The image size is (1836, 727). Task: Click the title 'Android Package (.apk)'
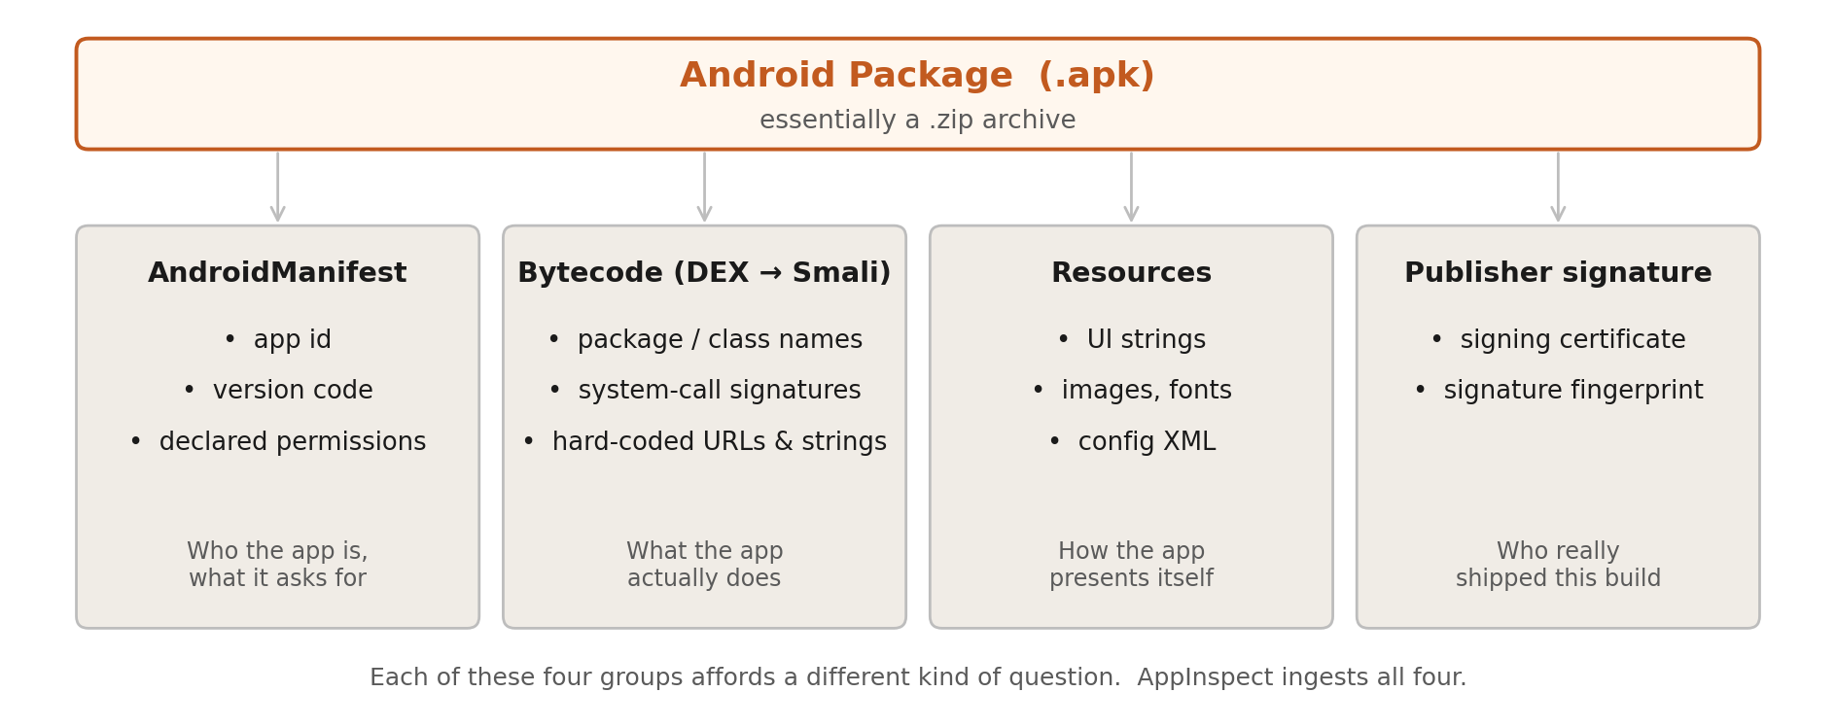917,76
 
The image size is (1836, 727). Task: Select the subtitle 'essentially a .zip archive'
917,121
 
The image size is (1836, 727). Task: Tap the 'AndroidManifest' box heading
277,273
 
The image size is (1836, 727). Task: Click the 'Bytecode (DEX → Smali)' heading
704,273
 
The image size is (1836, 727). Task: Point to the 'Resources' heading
1131,273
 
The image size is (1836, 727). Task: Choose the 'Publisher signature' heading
1558,273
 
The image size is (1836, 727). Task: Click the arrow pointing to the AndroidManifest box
277,187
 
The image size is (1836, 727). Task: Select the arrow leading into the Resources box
1131,187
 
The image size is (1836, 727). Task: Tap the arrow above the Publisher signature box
1558,187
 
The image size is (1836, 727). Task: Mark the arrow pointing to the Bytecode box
704,187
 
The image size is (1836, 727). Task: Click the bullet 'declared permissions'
291,442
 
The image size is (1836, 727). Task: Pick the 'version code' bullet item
292,391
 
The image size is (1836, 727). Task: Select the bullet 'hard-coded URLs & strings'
719,442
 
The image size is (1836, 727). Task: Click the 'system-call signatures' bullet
719,391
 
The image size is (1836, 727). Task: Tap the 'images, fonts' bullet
1146,391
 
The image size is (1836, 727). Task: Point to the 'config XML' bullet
1146,442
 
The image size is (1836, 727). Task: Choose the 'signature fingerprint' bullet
1572,391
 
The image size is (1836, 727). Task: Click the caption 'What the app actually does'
704,565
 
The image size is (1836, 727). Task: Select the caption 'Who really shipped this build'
1558,565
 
